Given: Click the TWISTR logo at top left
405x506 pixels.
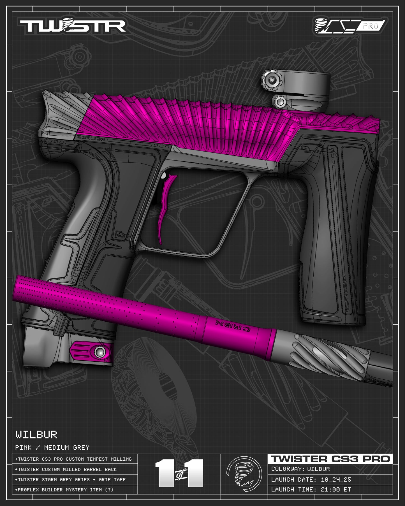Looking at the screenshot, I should (72, 26).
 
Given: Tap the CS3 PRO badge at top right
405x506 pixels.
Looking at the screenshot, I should (350, 26).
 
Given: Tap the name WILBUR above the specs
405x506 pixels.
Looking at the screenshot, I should (36, 435).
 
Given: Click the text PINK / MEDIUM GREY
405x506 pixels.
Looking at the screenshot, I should (52, 447).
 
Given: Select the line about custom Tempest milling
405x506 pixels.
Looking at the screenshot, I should (73, 459).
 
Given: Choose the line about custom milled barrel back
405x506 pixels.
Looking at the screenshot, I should (66, 469).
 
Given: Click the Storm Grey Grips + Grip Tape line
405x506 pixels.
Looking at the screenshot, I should (70, 480).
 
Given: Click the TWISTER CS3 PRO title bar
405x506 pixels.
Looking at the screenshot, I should (330, 459).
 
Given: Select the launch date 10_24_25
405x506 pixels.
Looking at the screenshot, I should (336, 479).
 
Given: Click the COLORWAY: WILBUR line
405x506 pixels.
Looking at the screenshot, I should (300, 469).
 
